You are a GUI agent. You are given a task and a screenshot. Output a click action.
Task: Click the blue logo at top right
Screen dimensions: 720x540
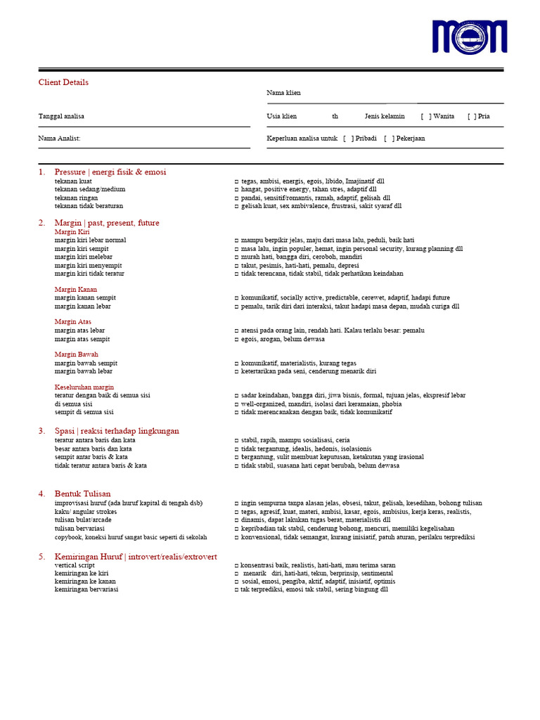click(x=469, y=36)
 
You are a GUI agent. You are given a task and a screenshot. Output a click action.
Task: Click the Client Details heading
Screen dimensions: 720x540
click(x=63, y=82)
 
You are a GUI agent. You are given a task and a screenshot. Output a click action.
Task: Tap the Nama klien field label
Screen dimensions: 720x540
click(x=283, y=93)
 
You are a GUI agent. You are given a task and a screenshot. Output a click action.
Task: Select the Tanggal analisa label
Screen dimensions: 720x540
click(x=61, y=116)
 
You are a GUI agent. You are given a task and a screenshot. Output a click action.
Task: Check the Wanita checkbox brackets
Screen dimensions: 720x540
click(x=426, y=116)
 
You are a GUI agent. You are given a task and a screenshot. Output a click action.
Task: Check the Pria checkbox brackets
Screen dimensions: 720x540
click(x=472, y=116)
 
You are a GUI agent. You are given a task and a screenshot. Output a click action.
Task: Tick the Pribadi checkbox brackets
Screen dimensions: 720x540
click(x=348, y=139)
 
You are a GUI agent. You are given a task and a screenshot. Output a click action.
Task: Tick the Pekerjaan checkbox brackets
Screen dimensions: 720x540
click(x=389, y=139)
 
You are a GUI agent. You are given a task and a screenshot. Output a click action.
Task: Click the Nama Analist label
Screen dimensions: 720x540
click(x=59, y=139)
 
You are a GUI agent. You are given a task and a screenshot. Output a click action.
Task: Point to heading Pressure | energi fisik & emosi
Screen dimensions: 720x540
click(x=110, y=172)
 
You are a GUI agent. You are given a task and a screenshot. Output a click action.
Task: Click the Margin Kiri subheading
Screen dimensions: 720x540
click(x=72, y=231)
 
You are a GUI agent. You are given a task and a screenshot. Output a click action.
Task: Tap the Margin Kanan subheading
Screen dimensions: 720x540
click(x=76, y=289)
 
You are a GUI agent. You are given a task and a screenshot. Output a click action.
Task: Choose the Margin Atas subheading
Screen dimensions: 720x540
click(x=73, y=322)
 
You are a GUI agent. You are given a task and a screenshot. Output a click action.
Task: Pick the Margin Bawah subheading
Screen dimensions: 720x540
click(x=77, y=354)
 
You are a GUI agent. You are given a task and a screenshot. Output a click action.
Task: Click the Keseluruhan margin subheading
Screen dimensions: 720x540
click(x=84, y=387)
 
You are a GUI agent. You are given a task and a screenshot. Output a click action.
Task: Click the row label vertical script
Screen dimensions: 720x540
click(x=75, y=565)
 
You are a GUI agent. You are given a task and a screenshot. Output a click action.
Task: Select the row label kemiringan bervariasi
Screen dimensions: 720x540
click(x=86, y=589)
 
